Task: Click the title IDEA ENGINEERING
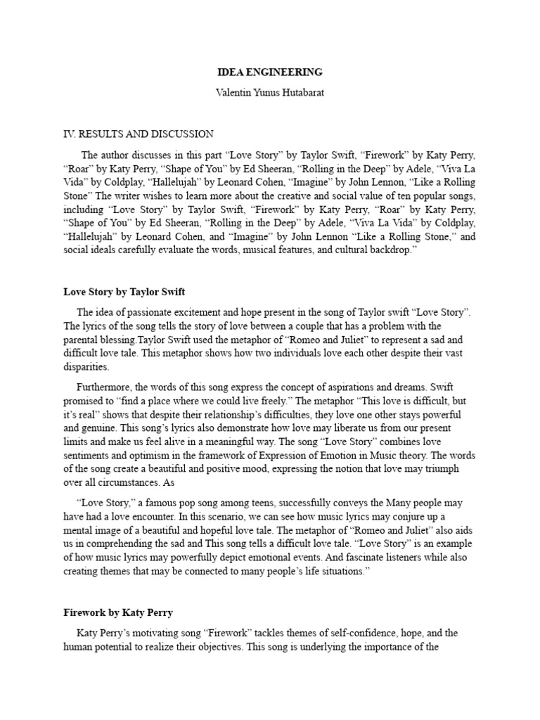(270, 72)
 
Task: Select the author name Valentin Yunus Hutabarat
(270, 93)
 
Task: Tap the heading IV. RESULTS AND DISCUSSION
(139, 134)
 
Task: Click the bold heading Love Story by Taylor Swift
(124, 291)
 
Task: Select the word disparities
(86, 366)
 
